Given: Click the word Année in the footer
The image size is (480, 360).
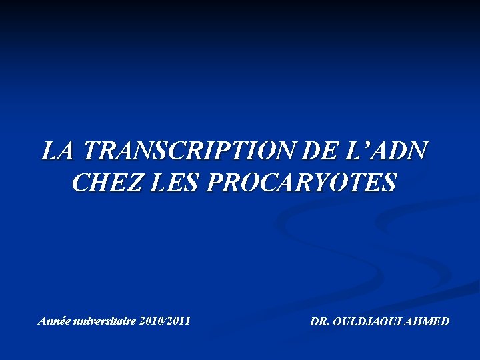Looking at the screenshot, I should (53, 321).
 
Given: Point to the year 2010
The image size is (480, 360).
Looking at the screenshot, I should (151, 321).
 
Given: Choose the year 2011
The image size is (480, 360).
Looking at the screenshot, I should (179, 321).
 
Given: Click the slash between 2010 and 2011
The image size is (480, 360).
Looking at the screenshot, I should (165, 321).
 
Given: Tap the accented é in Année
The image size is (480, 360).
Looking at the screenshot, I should (61, 321).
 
